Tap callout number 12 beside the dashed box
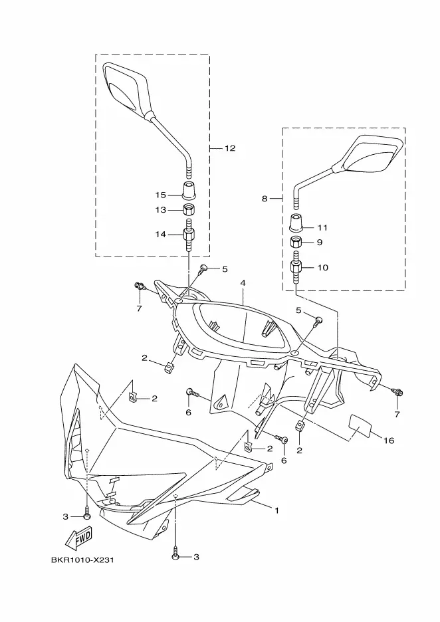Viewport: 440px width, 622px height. tap(229, 148)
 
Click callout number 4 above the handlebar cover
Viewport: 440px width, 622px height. tap(243, 283)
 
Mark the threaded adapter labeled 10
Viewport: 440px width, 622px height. tap(296, 269)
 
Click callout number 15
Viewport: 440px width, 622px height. tap(160, 195)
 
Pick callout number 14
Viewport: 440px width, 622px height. tap(160, 234)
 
